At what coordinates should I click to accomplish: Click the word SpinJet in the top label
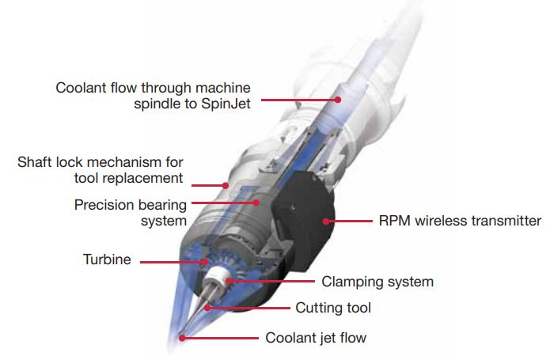point(226,104)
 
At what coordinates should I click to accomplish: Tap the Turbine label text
point(107,260)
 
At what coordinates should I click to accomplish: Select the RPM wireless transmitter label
point(461,221)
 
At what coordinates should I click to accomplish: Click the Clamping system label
point(377,282)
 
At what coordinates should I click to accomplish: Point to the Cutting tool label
point(333,308)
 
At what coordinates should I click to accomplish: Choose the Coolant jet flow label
point(316,338)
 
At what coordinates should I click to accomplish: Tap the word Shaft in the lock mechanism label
point(34,162)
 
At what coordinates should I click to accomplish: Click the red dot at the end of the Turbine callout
point(205,262)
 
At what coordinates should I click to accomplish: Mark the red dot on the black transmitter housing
point(326,222)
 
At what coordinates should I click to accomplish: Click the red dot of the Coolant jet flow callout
point(182,338)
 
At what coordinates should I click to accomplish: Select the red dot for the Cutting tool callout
point(207,308)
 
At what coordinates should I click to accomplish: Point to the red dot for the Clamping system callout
point(229,281)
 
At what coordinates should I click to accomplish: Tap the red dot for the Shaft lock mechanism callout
point(226,185)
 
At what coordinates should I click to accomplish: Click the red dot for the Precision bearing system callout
point(256,203)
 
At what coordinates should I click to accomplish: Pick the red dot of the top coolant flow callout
point(338,100)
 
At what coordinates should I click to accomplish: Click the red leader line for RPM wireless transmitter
point(349,222)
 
